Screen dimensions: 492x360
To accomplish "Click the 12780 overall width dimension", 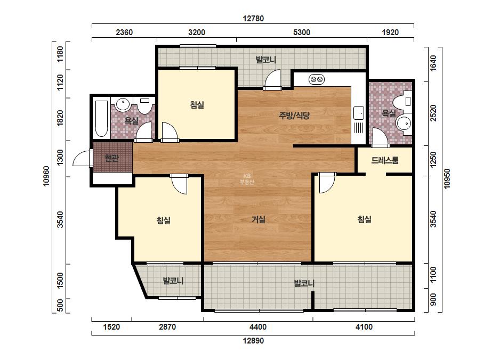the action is coord(253,19).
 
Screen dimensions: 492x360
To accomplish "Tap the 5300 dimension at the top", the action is coord(302,32).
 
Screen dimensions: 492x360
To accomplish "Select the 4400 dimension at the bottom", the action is coord(258,327).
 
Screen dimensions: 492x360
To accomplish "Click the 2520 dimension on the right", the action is coord(433,113).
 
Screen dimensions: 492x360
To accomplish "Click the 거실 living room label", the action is coord(259,219).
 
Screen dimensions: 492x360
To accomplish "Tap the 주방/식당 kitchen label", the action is coord(294,116).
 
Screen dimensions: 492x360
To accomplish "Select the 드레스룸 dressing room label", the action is coord(385,160).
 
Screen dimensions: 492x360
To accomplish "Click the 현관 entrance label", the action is coord(111,158).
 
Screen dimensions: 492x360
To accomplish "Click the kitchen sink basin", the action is coord(359,113).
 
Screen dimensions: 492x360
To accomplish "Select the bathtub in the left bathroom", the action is coord(101,119).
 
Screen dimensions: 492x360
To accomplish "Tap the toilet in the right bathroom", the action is coord(402,102).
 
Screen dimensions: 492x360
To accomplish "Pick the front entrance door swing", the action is coord(83,158).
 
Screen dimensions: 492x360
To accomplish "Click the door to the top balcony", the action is coord(272,80).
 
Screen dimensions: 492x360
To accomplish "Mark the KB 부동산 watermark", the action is coord(247,179).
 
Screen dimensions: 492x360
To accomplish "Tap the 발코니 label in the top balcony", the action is coord(266,60).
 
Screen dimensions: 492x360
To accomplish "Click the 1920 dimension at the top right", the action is coord(390,32).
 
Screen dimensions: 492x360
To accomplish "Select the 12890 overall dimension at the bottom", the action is coord(253,340).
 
